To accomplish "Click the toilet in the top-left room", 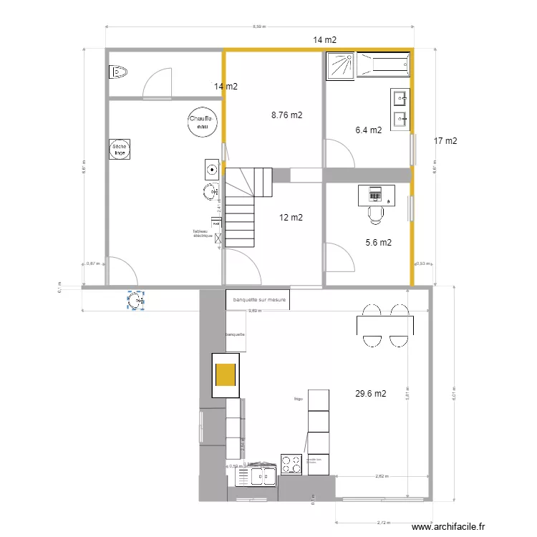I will pyautogui.click(x=117, y=72).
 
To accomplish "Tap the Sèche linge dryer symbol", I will pyautogui.click(x=119, y=150).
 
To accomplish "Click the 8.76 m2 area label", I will pyautogui.click(x=286, y=115).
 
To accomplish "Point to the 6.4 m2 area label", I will pyautogui.click(x=369, y=130).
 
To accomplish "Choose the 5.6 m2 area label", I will pyautogui.click(x=378, y=242).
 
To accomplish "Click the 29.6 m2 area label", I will pyautogui.click(x=371, y=393).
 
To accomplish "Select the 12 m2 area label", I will pyautogui.click(x=291, y=218).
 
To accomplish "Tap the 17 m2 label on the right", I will pyautogui.click(x=445, y=141).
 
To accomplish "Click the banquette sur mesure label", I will pyautogui.click(x=259, y=300).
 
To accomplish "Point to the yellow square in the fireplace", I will pyautogui.click(x=226, y=375).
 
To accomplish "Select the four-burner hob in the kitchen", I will pyautogui.click(x=291, y=464).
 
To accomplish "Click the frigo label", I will pyautogui.click(x=298, y=398).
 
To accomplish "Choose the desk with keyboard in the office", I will pyautogui.click(x=376, y=194).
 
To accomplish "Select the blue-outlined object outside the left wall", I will pyautogui.click(x=135, y=301).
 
